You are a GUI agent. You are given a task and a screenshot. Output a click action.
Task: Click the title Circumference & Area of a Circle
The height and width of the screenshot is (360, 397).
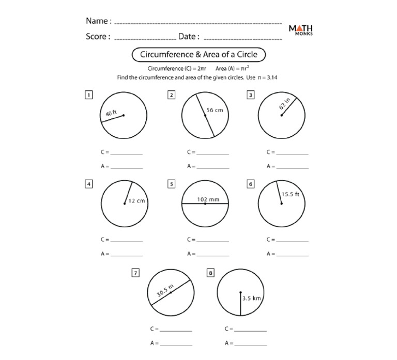(x=198, y=54)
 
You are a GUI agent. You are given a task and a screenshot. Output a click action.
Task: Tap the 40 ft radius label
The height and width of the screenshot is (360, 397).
(x=112, y=113)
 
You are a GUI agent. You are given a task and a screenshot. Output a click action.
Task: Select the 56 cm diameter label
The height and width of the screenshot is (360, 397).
(x=214, y=110)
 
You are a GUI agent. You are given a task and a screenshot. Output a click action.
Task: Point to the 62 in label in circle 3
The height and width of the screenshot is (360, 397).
(x=285, y=103)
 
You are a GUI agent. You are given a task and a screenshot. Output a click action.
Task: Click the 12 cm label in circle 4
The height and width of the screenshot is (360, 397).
(x=136, y=200)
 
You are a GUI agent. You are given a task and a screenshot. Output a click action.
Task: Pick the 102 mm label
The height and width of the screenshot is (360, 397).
(x=208, y=199)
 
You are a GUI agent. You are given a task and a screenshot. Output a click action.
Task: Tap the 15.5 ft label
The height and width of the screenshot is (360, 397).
(x=290, y=195)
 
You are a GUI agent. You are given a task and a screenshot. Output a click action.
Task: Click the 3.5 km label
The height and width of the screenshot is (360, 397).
(x=251, y=298)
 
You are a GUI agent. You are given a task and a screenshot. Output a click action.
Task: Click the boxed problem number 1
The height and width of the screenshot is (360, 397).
(x=89, y=95)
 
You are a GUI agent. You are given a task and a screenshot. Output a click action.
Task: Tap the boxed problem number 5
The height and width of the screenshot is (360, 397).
(x=171, y=183)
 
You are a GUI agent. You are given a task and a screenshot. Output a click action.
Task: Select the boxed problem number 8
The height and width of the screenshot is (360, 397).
(x=210, y=273)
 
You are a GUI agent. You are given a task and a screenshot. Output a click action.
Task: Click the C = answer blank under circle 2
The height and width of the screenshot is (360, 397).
(x=212, y=153)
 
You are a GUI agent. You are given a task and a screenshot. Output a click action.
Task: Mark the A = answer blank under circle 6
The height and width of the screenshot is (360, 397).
(x=292, y=254)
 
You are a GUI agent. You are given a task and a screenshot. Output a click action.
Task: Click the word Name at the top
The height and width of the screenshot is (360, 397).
(x=97, y=21)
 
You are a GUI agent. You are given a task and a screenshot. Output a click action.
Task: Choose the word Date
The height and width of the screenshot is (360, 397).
(x=187, y=37)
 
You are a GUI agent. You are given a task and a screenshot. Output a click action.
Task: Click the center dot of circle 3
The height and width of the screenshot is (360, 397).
(x=281, y=116)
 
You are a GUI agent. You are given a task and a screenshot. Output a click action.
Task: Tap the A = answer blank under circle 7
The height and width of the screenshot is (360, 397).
(x=176, y=343)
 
